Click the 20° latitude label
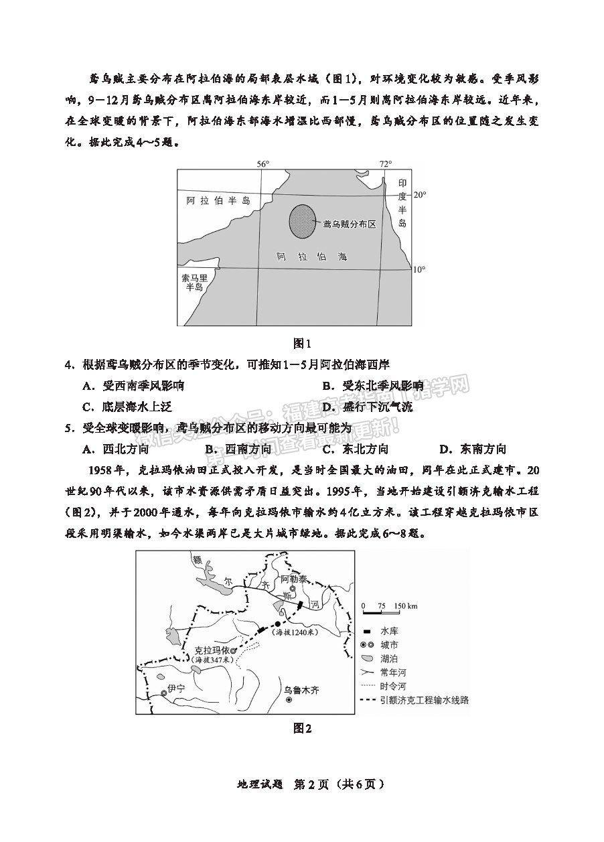[419, 195]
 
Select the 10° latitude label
[419, 269]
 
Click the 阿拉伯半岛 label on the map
[218, 200]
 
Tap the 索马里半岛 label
[194, 281]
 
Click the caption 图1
[303, 344]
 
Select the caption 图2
[303, 728]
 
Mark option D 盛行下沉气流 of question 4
[377, 407]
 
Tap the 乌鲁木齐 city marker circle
[289, 700]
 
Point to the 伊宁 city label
[175, 688]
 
